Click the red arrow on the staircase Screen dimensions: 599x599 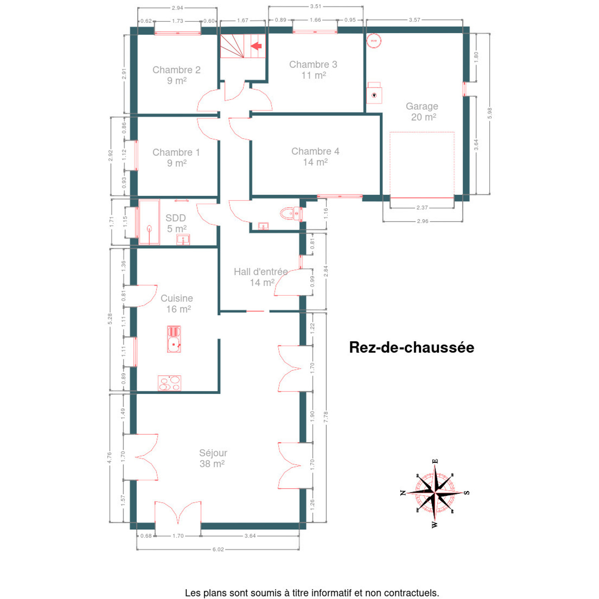coord(256,46)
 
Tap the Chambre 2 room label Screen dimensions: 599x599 coord(176,74)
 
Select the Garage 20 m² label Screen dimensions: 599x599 coord(422,111)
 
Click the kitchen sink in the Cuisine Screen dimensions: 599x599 coord(174,339)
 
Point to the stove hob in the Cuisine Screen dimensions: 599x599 coord(169,383)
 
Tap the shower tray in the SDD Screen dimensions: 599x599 coord(149,222)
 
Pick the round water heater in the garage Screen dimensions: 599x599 coord(374,41)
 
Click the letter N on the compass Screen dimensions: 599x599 coord(403,493)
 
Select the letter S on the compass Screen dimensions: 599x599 coord(467,493)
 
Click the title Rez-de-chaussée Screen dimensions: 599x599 coord(411,347)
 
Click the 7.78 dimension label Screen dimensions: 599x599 coord(326,417)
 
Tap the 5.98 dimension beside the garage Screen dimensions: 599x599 coord(490,113)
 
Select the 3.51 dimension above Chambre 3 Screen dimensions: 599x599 coord(315,6)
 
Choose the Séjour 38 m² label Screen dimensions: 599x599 coord(213,458)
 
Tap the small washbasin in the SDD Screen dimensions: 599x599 coord(183,240)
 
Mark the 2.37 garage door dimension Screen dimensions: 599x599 coord(422,207)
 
